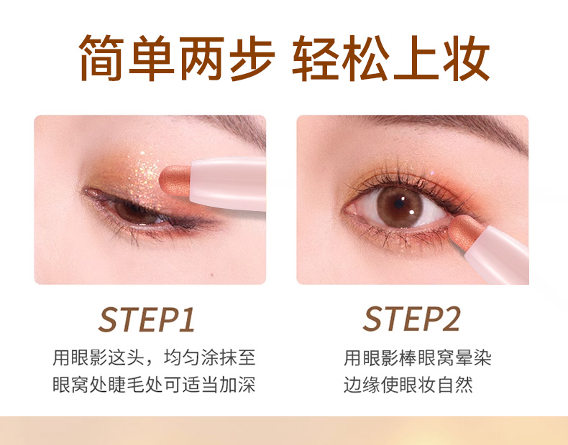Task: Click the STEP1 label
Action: tap(147, 319)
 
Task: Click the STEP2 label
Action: tap(412, 319)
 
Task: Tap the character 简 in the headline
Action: tap(101, 58)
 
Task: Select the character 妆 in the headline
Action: tap(467, 58)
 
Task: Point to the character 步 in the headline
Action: tap(252, 58)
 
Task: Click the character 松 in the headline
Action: tap(365, 58)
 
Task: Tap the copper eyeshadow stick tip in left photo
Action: tap(175, 181)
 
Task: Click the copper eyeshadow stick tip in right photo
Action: tap(465, 231)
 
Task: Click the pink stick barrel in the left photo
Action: tap(228, 183)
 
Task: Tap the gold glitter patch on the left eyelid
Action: tap(145, 174)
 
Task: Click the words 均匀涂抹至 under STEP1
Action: tap(210, 358)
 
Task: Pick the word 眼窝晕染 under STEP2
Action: tap(454, 358)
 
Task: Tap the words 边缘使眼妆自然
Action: tap(408, 385)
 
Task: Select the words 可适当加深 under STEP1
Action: tap(210, 385)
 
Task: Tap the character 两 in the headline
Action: tap(202, 58)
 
